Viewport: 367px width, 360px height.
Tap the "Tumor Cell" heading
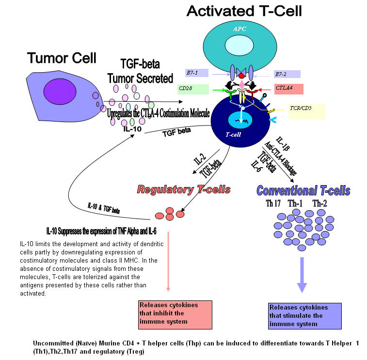click(x=62, y=58)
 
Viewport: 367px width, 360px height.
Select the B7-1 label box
click(x=196, y=73)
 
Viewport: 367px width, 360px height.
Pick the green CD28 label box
click(x=193, y=89)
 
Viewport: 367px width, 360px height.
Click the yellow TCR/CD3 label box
click(x=306, y=112)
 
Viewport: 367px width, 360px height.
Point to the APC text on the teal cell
click(x=239, y=29)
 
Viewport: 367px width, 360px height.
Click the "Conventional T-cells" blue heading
click(x=303, y=190)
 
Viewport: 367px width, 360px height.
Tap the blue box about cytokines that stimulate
click(x=303, y=316)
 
